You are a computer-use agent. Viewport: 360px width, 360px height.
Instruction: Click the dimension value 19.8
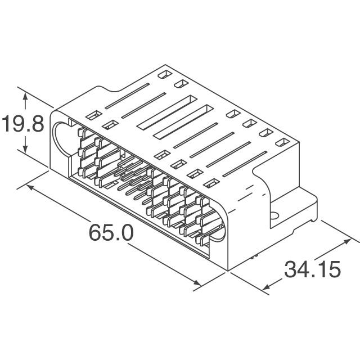point(22,123)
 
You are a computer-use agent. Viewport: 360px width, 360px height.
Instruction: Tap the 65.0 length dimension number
point(111,233)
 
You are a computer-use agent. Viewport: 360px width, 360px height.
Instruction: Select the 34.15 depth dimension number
point(312,270)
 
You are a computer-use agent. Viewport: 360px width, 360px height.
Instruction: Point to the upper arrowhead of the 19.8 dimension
point(25,96)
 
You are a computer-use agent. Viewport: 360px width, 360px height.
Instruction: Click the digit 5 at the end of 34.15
point(334,270)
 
